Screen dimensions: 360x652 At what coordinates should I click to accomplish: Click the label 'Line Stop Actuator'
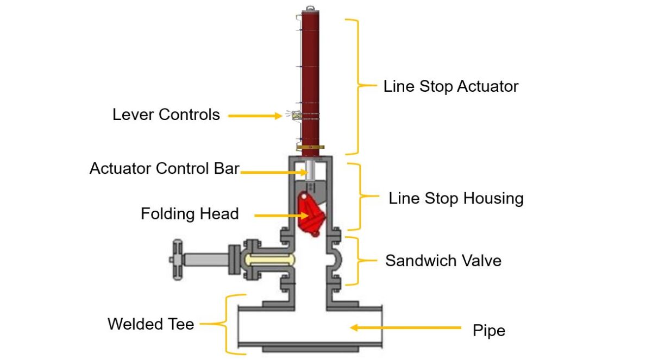tap(450, 86)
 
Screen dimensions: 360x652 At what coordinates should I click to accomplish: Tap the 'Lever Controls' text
tap(166, 115)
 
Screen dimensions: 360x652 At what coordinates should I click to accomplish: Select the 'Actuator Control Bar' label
tap(164, 168)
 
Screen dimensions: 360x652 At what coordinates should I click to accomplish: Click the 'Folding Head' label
tap(190, 214)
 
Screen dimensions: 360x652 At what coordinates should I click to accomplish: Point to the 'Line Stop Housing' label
tap(456, 198)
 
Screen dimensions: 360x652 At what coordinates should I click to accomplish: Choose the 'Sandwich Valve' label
tap(443, 261)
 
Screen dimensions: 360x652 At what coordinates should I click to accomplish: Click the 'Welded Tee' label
tap(151, 324)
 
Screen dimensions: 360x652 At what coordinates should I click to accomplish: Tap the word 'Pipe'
tap(489, 330)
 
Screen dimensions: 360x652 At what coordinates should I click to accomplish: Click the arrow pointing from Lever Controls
tap(254, 116)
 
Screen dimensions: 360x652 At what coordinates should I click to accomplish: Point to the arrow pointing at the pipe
tap(405, 327)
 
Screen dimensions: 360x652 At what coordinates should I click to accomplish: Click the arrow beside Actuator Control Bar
tap(272, 172)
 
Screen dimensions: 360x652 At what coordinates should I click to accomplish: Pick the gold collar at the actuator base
tap(310, 147)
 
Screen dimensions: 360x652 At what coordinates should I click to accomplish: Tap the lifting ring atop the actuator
tap(310, 8)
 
